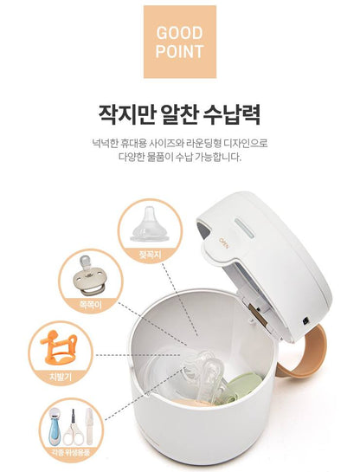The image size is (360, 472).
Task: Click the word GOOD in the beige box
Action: point(179,33)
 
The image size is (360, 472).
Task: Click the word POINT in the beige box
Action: point(179,51)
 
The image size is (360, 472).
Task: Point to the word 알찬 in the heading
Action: point(178,114)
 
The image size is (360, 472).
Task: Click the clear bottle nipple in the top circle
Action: point(149,224)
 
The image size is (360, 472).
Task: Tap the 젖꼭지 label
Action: point(151,255)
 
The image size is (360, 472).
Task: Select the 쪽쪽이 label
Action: point(91,305)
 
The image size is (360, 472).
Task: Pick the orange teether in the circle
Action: point(59,347)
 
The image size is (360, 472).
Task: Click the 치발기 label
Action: point(61,377)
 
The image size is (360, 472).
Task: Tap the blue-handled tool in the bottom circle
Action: point(55,425)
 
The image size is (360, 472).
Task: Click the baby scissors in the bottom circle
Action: point(73,428)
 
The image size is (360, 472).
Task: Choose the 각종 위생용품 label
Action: point(70,452)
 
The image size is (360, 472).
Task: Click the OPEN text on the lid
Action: point(224,243)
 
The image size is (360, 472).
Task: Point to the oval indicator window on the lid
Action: point(245,229)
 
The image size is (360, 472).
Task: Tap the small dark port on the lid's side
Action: point(306,321)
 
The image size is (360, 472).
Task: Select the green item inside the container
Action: point(242,387)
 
